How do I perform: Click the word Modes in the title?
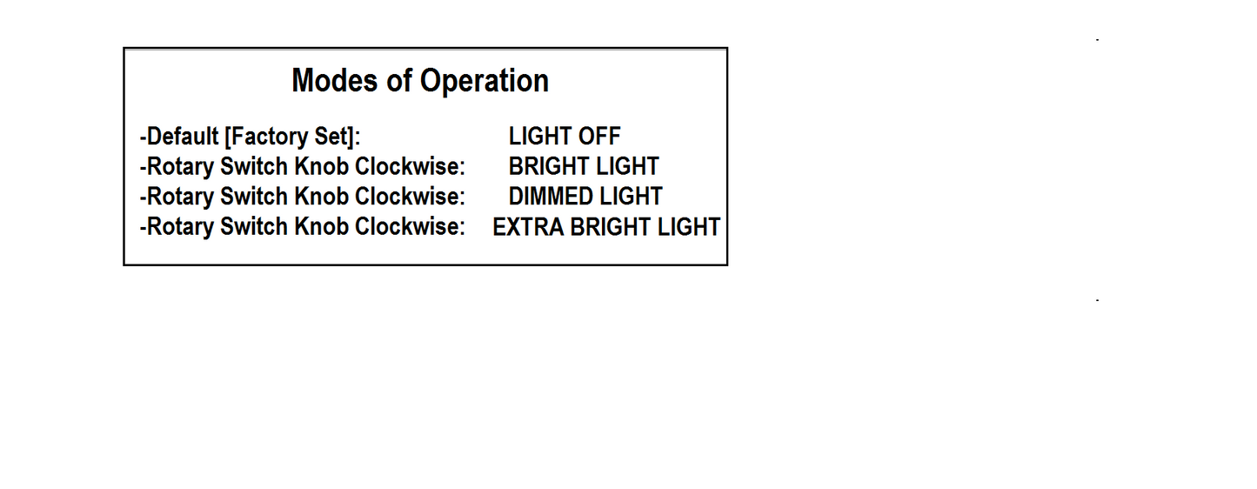coord(334,81)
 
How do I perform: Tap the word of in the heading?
coord(399,81)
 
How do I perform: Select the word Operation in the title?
coord(485,82)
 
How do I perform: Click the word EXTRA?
coord(528,227)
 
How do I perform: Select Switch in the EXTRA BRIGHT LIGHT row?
coord(254,227)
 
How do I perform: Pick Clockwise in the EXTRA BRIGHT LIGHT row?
coord(411,227)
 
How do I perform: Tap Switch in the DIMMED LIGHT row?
coord(254,197)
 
